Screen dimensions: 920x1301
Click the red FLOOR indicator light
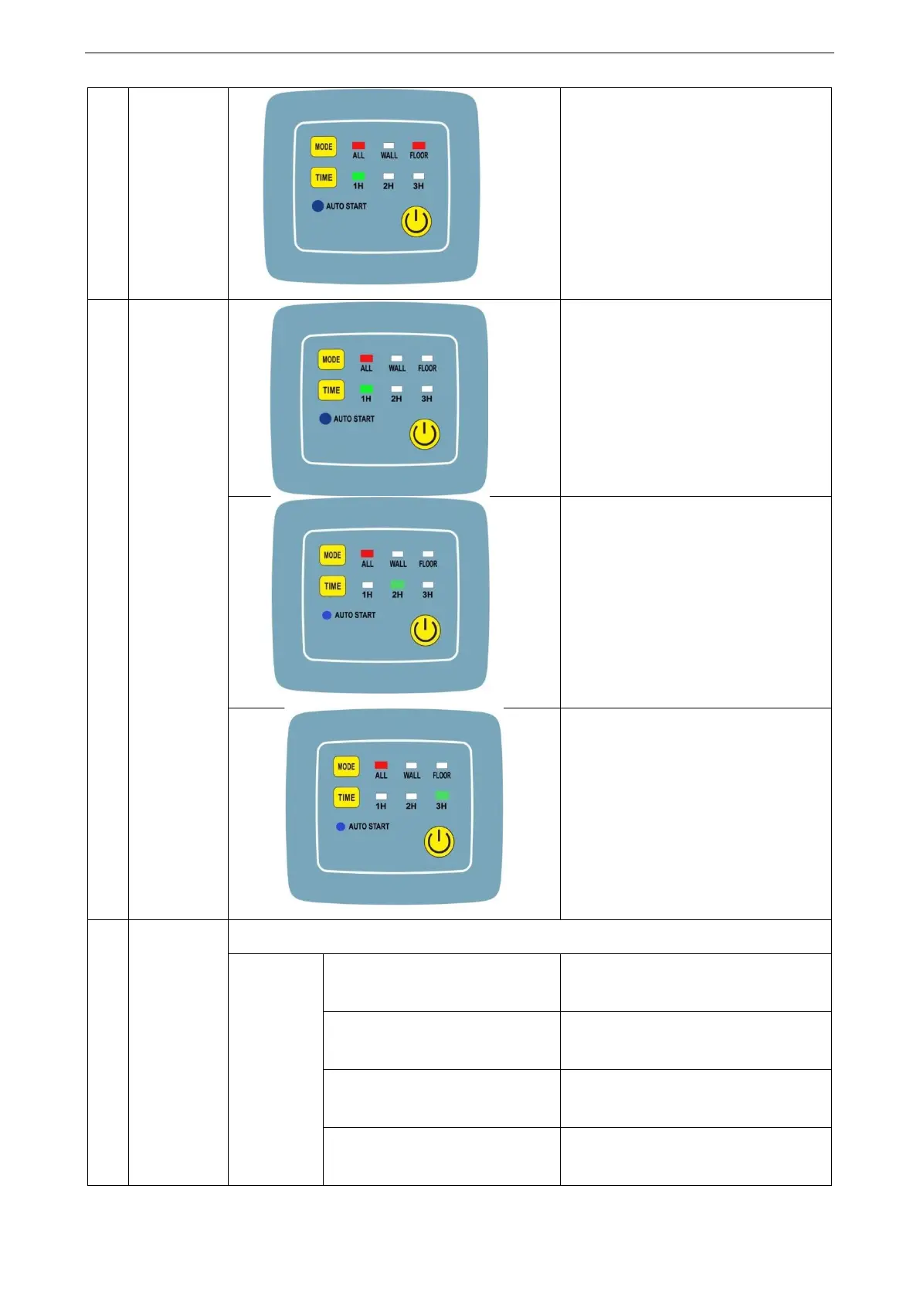click(419, 145)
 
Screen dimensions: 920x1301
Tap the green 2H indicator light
click(397, 585)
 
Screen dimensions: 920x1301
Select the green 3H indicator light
click(442, 796)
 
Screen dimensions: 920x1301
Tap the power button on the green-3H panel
click(439, 841)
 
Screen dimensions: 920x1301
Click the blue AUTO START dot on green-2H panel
click(327, 615)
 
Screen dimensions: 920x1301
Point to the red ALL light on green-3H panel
click(381, 765)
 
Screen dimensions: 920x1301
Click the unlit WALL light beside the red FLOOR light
click(389, 145)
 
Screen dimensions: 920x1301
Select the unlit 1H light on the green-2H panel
click(368, 585)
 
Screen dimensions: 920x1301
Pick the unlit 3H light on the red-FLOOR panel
click(419, 176)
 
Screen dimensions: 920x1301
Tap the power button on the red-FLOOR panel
click(416, 222)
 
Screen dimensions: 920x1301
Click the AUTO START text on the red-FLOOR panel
click(346, 206)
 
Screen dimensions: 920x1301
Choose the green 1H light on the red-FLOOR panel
click(358, 176)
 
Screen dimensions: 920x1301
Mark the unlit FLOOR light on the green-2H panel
click(428, 554)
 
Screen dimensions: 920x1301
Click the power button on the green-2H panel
click(425, 630)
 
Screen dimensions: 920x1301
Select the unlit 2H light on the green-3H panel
click(412, 796)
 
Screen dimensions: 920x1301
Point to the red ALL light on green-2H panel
click(367, 554)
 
